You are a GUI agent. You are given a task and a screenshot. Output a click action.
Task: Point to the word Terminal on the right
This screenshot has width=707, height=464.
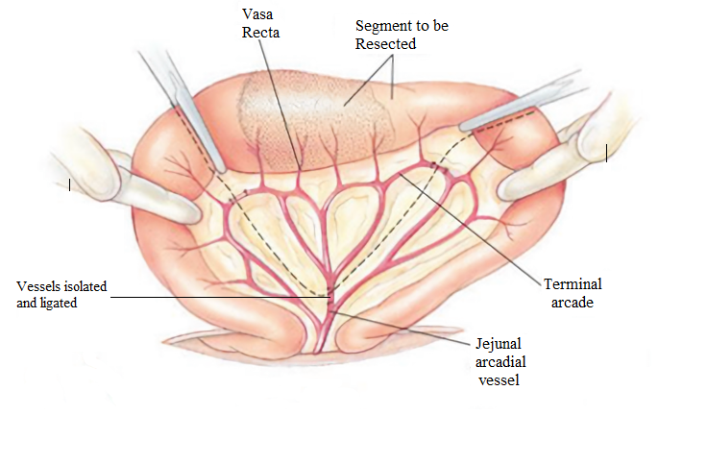pyautogui.click(x=573, y=284)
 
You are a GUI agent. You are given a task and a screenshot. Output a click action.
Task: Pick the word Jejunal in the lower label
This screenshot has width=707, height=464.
pyautogui.click(x=498, y=343)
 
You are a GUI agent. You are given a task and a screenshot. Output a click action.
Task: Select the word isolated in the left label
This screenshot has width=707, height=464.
pyautogui.click(x=83, y=286)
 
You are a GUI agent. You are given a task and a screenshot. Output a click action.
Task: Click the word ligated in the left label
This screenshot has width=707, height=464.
pyautogui.click(x=58, y=303)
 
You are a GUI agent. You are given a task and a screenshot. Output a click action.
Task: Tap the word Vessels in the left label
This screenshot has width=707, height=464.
pyautogui.click(x=37, y=286)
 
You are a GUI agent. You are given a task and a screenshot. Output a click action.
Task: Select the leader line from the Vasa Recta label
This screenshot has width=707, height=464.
pyautogui.click(x=282, y=106)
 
